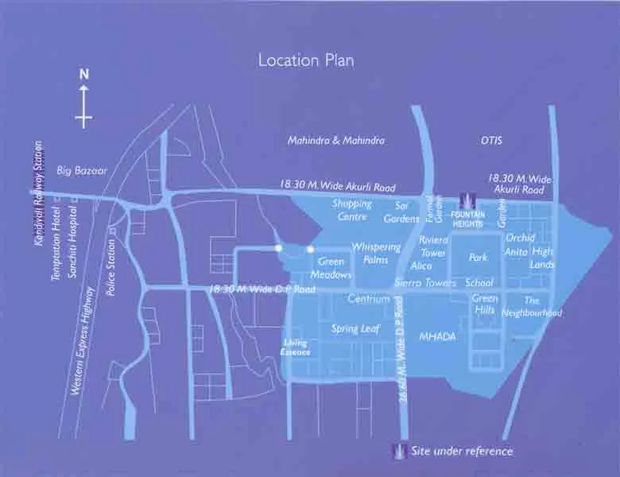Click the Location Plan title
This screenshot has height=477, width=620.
(306, 60)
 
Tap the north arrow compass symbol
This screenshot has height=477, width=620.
(83, 99)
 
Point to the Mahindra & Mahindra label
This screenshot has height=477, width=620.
(335, 140)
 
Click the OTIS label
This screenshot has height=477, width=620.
(492, 140)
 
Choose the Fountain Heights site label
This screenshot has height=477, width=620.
(467, 219)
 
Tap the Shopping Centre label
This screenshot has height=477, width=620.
(350, 210)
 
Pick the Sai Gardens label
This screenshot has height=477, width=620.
(401, 212)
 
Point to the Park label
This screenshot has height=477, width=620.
(478, 258)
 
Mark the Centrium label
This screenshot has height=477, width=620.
(369, 300)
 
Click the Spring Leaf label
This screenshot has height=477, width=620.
(355, 328)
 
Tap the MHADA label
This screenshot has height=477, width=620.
(438, 336)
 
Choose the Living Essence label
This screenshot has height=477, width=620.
(296, 347)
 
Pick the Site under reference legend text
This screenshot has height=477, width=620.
(462, 452)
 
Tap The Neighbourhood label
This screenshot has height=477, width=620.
(532, 307)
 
